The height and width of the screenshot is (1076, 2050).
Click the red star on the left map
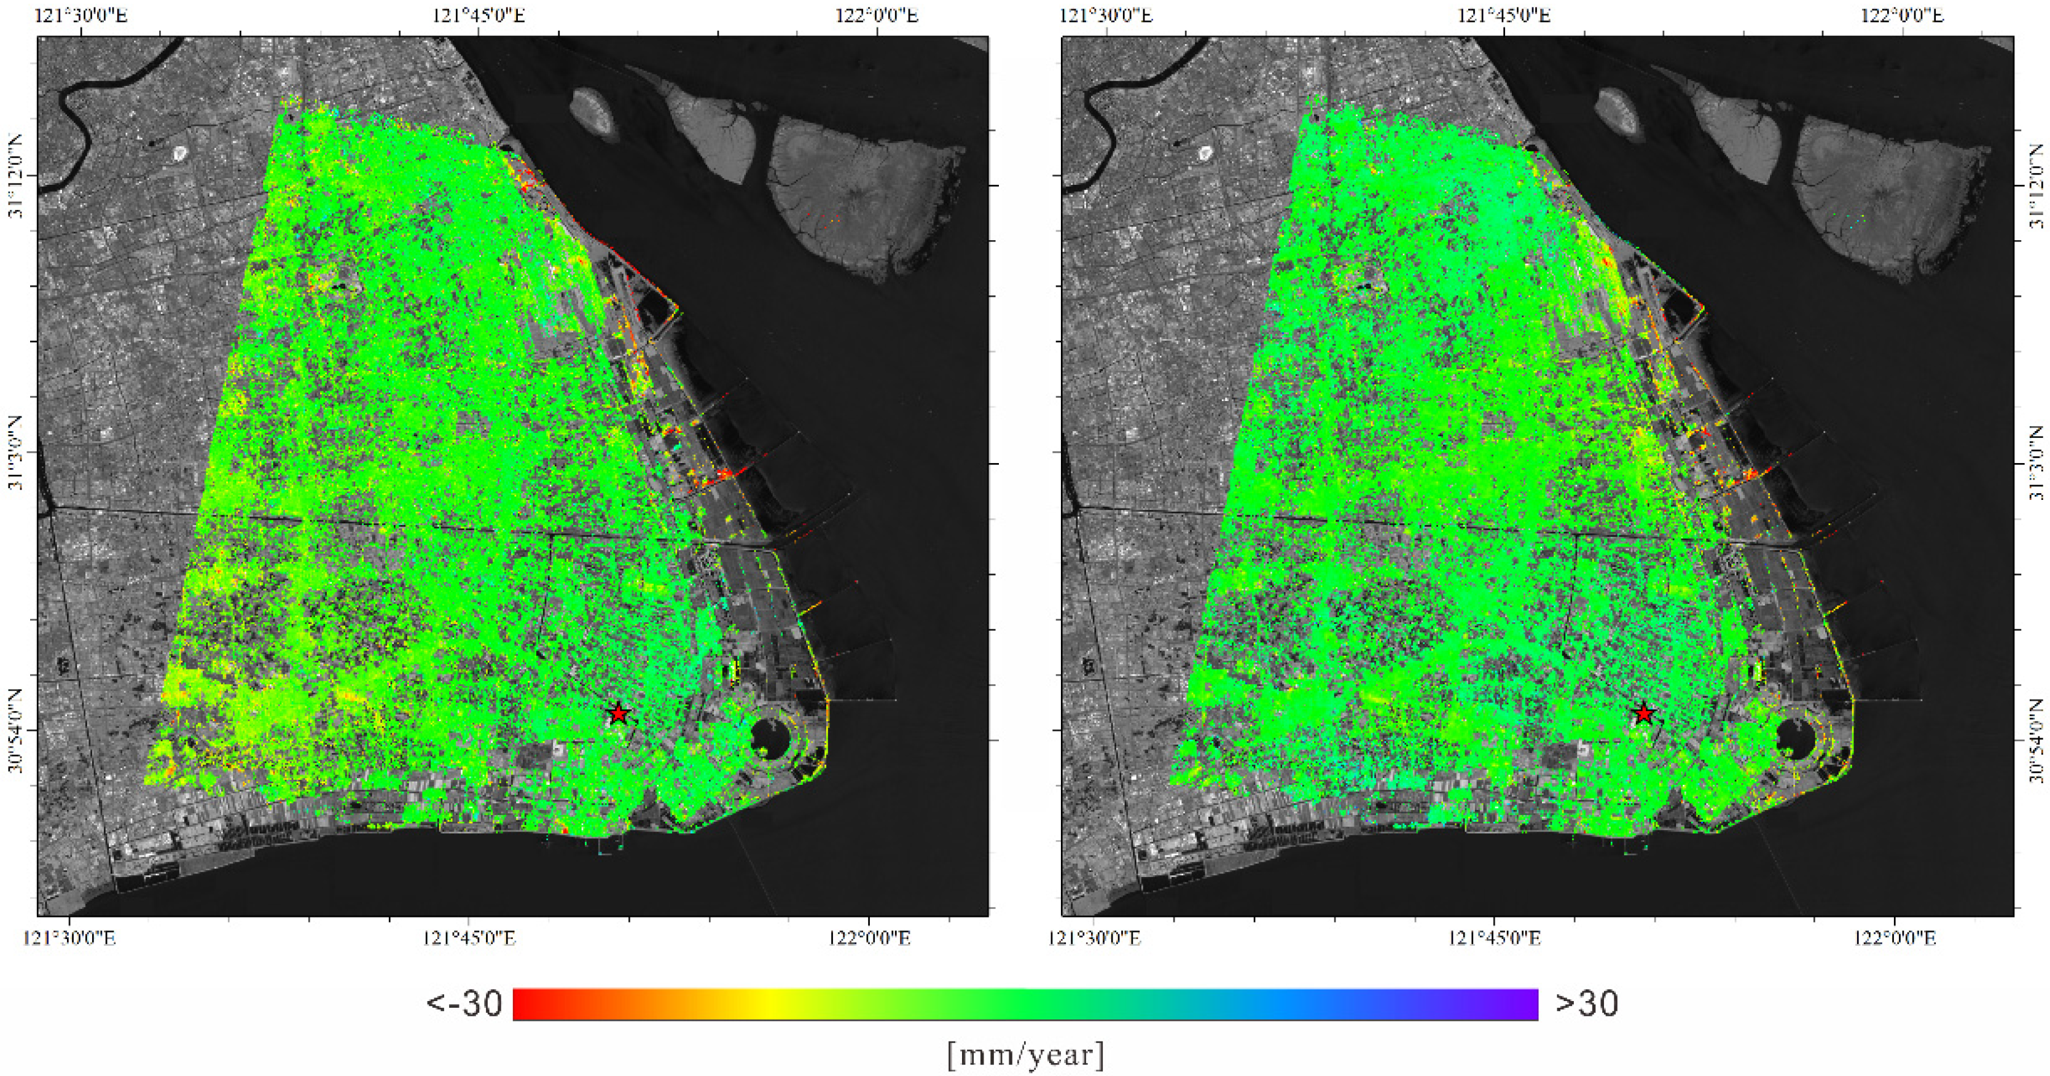[x=619, y=713]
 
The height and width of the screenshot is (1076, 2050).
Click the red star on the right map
[x=1643, y=713]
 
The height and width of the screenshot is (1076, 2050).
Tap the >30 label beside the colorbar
[x=1587, y=1004]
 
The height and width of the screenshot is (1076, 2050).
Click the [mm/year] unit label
[x=1025, y=1055]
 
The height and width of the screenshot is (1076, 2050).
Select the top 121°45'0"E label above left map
[x=479, y=16]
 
